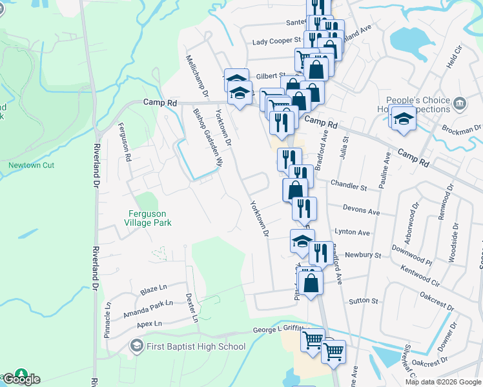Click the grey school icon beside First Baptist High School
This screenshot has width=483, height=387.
[136, 346]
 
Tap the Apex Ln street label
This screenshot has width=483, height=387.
[149, 323]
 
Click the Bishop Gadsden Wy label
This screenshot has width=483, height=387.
[208, 137]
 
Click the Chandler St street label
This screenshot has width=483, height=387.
[349, 186]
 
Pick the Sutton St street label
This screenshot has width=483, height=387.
[364, 301]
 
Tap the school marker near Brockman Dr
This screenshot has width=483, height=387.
[403, 119]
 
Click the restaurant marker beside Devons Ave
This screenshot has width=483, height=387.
[304, 208]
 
